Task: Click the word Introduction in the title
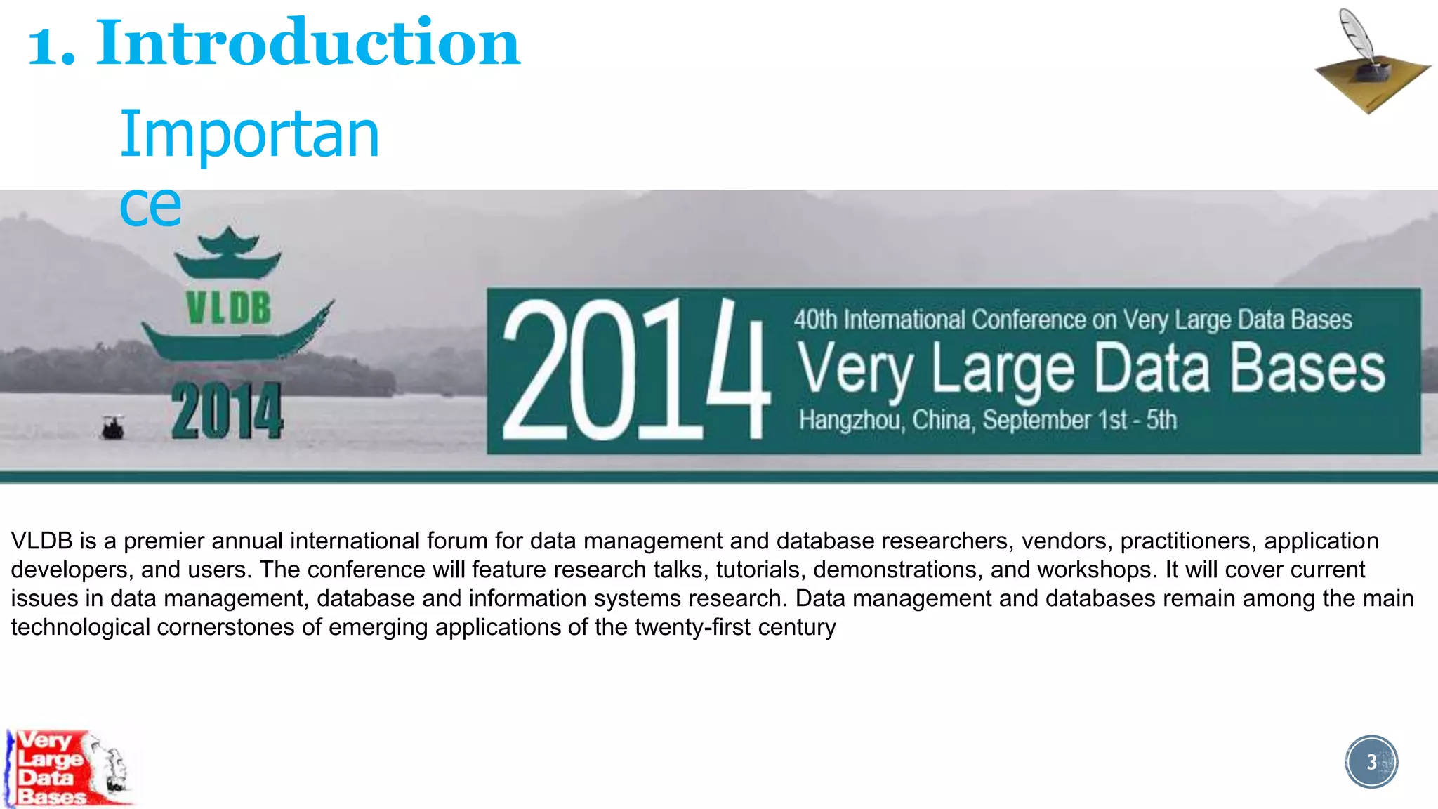[308, 44]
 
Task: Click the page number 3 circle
[1371, 762]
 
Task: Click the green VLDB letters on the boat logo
[228, 308]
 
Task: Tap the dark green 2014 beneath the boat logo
[227, 412]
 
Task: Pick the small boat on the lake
[112, 427]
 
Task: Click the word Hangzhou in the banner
[850, 420]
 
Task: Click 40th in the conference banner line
[815, 320]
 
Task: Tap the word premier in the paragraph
[164, 541]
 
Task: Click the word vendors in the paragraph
[1063, 541]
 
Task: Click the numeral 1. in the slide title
[51, 46]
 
